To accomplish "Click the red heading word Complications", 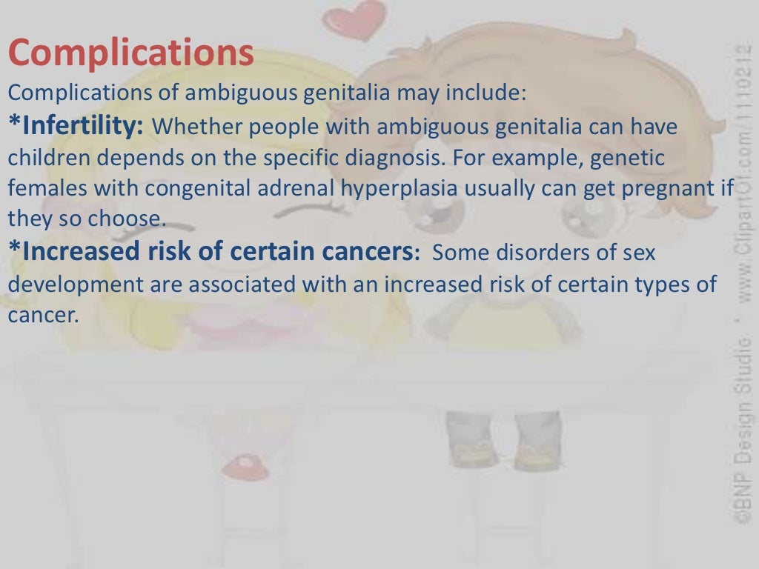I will point(130,54).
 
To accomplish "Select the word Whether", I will point(198,127).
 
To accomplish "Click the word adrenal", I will point(296,188).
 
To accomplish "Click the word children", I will point(47,158).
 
